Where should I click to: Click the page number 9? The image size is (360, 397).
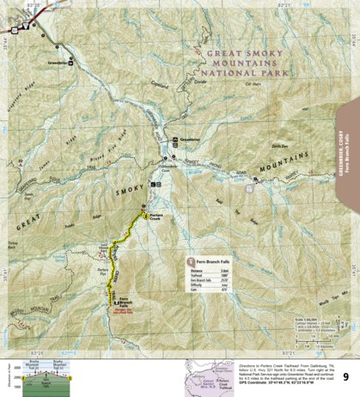[x=345, y=376]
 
